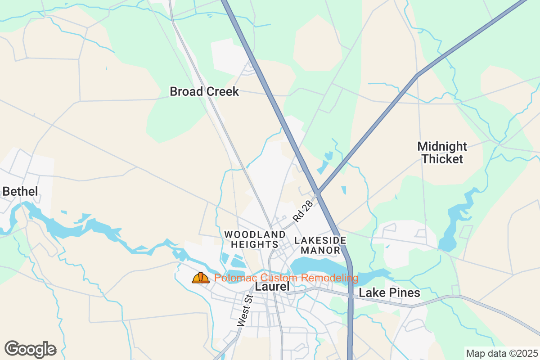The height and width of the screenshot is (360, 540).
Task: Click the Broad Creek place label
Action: click(204, 92)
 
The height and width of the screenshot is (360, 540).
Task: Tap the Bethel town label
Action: click(20, 191)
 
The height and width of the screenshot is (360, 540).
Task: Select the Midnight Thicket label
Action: click(442, 153)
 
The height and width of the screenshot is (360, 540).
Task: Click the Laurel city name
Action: click(272, 287)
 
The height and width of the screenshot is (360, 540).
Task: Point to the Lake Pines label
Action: click(389, 293)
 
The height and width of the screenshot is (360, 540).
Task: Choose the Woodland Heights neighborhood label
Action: click(255, 239)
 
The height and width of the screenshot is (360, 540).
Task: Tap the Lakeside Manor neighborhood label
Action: click(320, 245)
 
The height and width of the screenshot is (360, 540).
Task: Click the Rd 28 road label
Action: click(302, 211)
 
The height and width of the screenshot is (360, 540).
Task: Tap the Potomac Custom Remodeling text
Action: click(286, 278)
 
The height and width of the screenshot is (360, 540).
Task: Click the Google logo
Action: click(30, 349)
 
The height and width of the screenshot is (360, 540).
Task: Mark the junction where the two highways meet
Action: click(318, 193)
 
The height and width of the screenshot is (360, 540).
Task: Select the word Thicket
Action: click(442, 159)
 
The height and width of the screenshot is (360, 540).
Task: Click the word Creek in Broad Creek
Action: click(222, 92)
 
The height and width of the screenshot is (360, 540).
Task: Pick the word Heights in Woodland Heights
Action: click(255, 244)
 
